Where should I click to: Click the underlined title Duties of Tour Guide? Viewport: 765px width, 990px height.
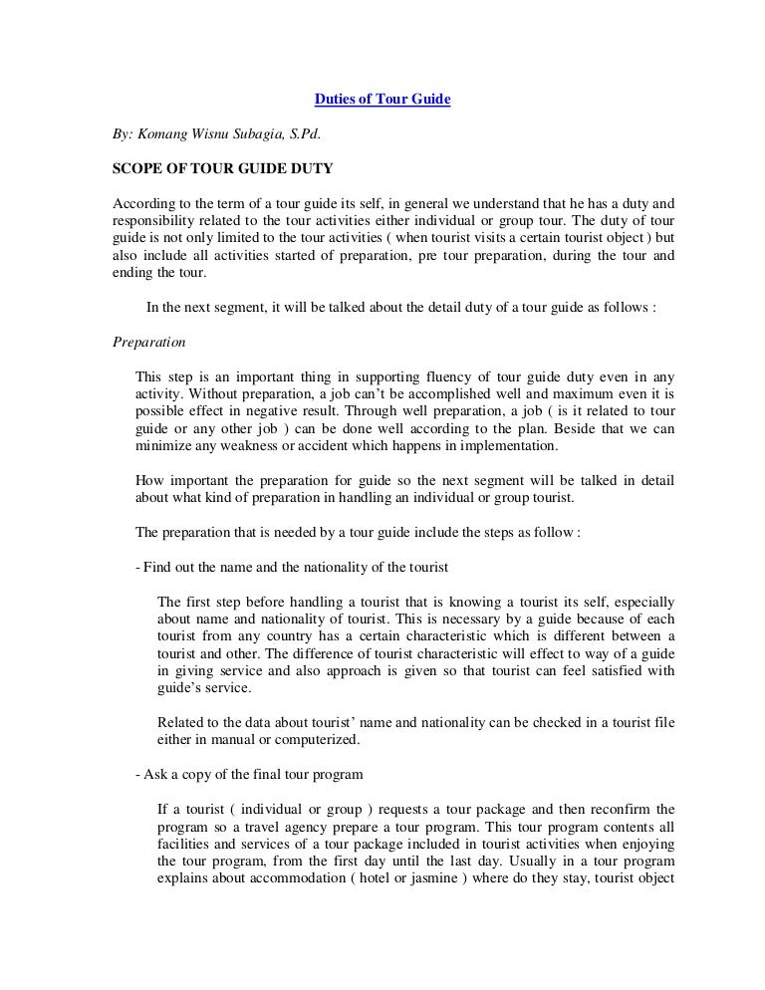pyautogui.click(x=383, y=100)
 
